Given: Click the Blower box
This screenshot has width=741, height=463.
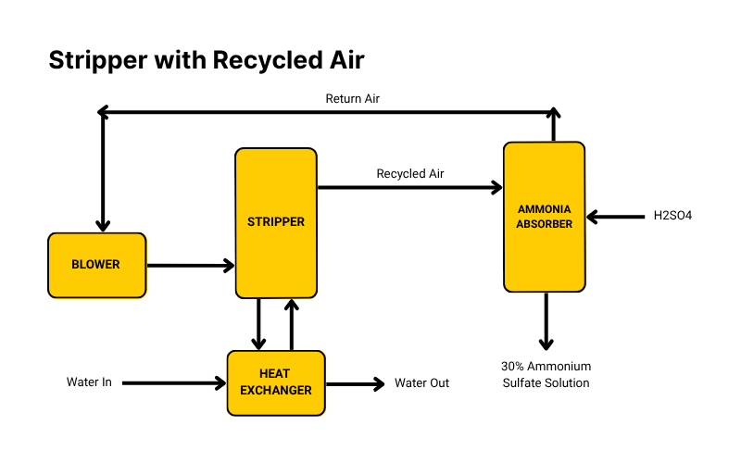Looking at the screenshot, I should point(96,265).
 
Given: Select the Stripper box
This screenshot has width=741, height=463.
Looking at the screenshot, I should point(276,222).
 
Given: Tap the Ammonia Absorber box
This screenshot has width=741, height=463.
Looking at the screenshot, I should point(544,217).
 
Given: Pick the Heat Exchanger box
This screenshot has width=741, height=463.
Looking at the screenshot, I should point(276,382).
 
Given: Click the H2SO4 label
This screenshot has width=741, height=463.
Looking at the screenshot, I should point(672,216).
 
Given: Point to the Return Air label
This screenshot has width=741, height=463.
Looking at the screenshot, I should point(352,98).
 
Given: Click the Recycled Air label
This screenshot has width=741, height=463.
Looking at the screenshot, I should point(409,173).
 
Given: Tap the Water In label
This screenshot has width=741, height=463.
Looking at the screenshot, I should point(89,382).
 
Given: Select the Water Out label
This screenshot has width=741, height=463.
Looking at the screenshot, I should point(421,382).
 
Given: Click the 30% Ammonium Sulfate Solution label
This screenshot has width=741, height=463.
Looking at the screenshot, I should point(546,374).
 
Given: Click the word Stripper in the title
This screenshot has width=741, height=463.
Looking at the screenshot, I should point(98,60).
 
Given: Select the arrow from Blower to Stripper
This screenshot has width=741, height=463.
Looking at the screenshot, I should point(190,266).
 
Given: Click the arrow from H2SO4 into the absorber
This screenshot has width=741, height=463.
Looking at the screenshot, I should point(616,218).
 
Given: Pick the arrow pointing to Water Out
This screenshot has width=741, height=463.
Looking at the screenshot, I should point(354,382).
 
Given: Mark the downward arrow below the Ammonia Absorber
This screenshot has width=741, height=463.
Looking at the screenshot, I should point(546,320).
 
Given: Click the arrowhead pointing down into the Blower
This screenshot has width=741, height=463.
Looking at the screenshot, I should point(103,224).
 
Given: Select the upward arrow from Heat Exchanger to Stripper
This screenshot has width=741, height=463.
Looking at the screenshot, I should point(292,324).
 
